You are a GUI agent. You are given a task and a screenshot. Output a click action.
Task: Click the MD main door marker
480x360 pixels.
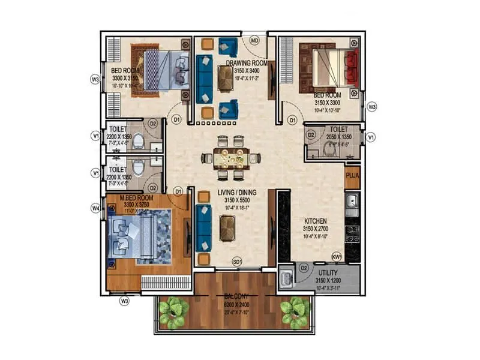[x=254, y=41]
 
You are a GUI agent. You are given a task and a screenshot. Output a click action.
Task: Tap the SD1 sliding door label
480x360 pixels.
[x=238, y=262]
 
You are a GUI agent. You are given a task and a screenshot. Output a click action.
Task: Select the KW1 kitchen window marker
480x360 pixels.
[x=337, y=257]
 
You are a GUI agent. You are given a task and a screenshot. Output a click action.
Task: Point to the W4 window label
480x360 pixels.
[x=95, y=209]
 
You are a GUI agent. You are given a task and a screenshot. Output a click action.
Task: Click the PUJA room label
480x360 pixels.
[x=352, y=176]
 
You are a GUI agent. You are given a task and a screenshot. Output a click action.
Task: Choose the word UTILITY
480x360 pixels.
[x=331, y=272]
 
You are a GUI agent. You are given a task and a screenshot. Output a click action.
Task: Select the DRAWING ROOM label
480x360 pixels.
[x=246, y=62]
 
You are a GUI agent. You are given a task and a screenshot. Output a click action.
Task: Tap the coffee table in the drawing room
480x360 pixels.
[x=226, y=78]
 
